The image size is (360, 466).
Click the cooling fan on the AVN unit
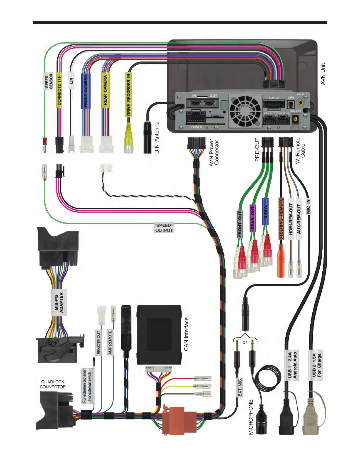click(245, 111)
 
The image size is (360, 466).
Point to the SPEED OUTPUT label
click(164, 228)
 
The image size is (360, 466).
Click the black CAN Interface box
click(159, 334)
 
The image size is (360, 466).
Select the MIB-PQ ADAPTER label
click(59, 302)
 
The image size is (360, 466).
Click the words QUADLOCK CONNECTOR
click(53, 384)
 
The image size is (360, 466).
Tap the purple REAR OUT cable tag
click(253, 218)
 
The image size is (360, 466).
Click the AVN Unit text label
click(323, 74)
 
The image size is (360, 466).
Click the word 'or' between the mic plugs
click(245, 342)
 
